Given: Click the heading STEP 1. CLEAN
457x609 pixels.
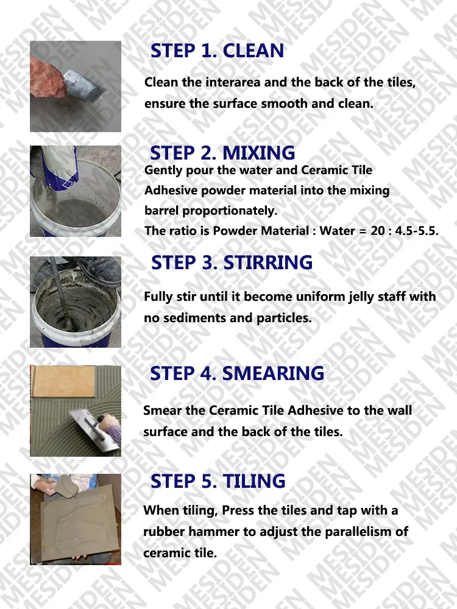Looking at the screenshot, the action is click(218, 51).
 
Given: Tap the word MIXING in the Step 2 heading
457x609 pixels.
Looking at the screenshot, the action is click(259, 153).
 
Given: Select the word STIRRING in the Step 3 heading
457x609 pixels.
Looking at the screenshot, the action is click(267, 262).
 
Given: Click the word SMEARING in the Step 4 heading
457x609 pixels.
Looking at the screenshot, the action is click(273, 373).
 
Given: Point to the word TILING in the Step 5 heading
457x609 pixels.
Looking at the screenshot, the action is click(254, 481).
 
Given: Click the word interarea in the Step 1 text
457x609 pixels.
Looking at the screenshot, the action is click(233, 82).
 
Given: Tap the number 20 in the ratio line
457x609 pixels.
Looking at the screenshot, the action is click(378, 231).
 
